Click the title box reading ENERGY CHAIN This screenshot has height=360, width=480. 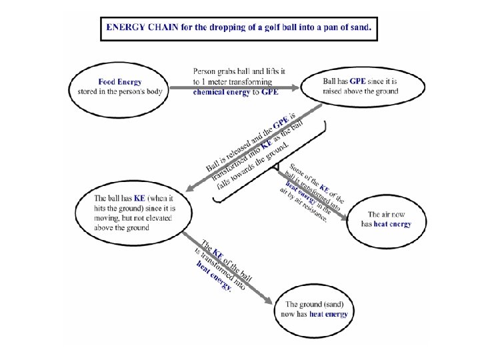point(239,29)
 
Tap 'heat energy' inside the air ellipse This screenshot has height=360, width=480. point(392,224)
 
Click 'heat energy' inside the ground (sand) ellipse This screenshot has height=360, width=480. point(328,313)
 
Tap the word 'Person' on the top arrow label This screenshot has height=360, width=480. point(204,71)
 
